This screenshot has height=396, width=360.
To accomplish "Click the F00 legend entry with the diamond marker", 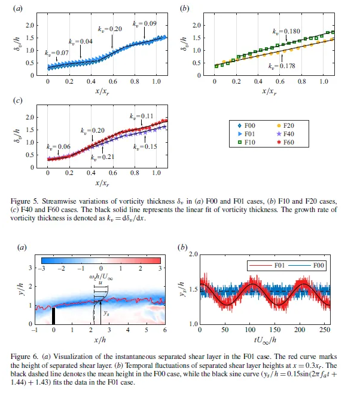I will click(245, 126).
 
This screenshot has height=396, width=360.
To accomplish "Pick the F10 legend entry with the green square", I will click(245, 143).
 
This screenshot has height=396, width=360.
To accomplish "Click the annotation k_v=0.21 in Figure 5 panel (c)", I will click(101, 157).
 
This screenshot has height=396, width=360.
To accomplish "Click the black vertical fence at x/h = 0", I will click(53, 315).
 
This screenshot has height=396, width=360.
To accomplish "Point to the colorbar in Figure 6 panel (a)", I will click(101, 260).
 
